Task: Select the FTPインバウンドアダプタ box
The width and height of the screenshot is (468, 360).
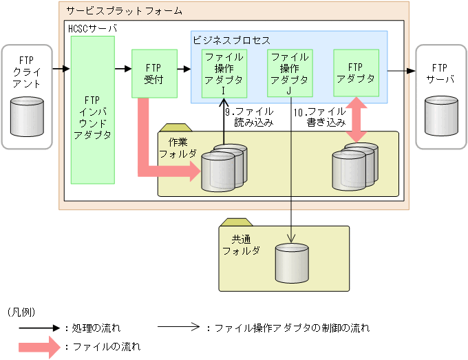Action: point(92,110)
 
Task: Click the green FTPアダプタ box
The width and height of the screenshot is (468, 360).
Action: point(355,72)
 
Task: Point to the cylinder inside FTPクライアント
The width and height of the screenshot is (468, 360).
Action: point(28,114)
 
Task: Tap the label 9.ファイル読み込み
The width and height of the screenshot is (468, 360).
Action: point(249,118)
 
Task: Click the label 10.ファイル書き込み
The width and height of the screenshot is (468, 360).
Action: point(320,118)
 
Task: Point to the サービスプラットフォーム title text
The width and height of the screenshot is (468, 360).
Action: point(123,10)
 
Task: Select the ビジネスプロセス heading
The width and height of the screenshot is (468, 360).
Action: point(231,41)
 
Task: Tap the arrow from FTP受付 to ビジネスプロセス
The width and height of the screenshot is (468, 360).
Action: point(182,69)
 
